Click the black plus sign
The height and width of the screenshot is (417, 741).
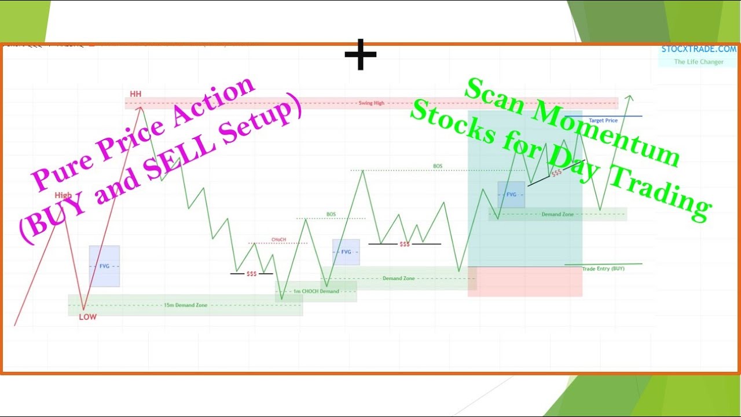coord(361,55)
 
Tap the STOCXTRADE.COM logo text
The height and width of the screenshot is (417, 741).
coord(699,49)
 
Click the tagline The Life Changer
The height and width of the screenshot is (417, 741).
coord(699,62)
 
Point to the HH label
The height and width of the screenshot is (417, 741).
coord(135,94)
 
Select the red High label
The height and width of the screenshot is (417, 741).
coord(63,196)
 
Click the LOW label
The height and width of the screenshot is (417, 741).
coord(88,317)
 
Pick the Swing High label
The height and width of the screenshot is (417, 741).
coord(371,103)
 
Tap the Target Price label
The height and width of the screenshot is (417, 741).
coord(603,120)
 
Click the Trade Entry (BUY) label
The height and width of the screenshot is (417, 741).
coord(603,269)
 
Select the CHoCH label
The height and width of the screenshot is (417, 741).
coord(278,239)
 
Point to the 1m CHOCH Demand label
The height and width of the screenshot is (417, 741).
coord(316,291)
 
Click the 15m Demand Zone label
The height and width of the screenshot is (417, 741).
coord(185,305)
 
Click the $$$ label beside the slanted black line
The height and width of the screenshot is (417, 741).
coord(556,173)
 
